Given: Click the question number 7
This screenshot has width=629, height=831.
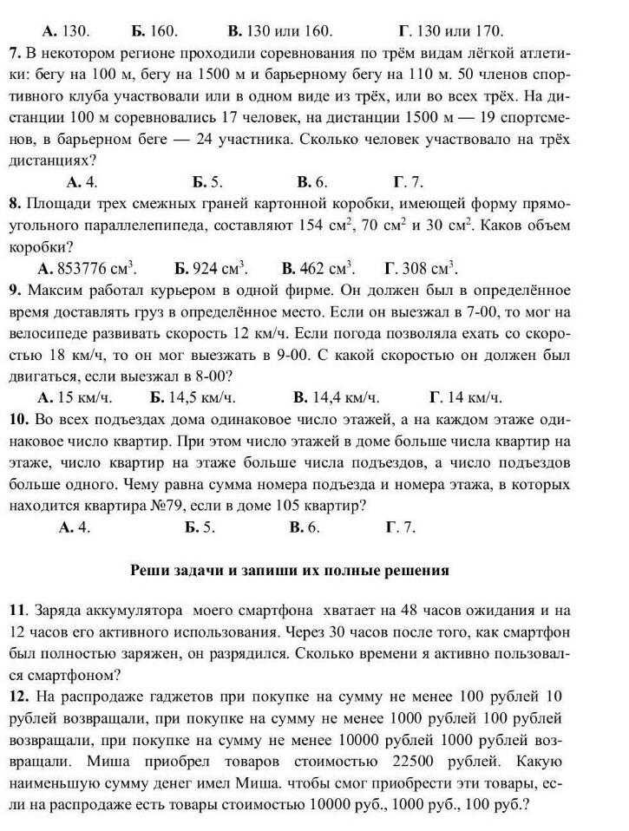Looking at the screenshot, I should (15, 52).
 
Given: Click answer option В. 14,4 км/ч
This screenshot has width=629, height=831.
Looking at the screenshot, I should (337, 397).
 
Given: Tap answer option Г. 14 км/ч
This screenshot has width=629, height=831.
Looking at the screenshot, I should (466, 397).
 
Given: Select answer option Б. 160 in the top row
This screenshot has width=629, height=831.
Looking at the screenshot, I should (157, 31).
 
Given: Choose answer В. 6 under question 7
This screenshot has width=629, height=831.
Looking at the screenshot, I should (309, 182).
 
